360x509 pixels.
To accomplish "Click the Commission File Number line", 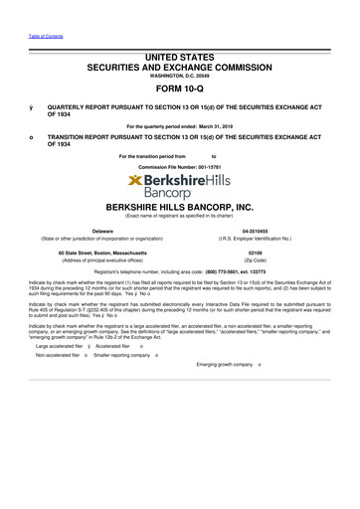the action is coord(180,164).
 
